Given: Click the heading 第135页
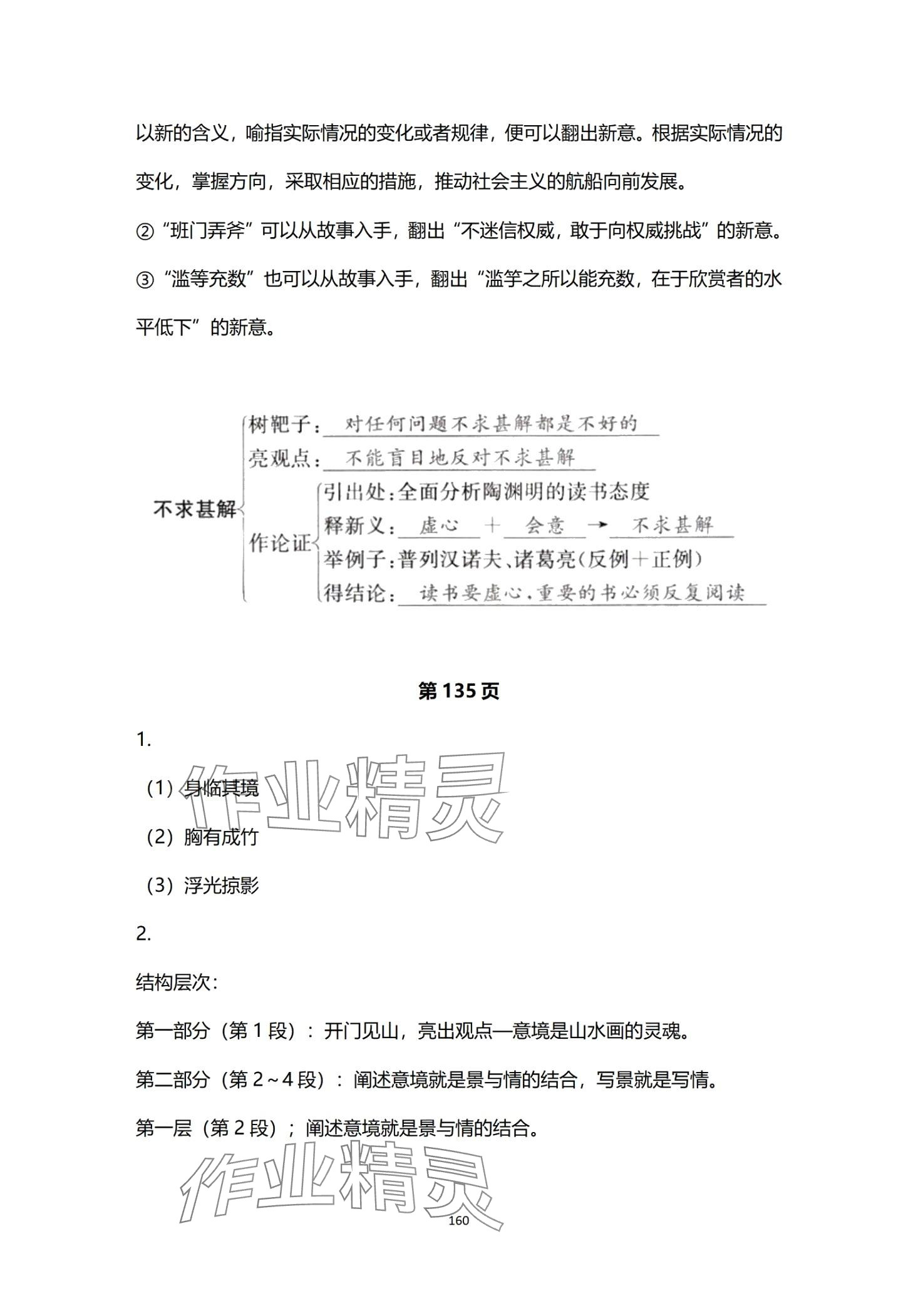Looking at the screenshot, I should (458, 691).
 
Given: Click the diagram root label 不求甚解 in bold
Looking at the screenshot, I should (195, 509).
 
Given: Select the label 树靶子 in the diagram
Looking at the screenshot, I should (280, 426).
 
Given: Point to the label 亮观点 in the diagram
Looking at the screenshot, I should (280, 459).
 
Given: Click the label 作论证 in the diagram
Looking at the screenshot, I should (280, 543).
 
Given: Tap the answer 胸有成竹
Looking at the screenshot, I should (221, 837).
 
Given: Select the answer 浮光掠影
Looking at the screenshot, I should (221, 885).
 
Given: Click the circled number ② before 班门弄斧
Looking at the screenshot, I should (145, 232).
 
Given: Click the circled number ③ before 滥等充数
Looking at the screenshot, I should (145, 280).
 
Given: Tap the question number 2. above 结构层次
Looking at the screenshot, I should (143, 934).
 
